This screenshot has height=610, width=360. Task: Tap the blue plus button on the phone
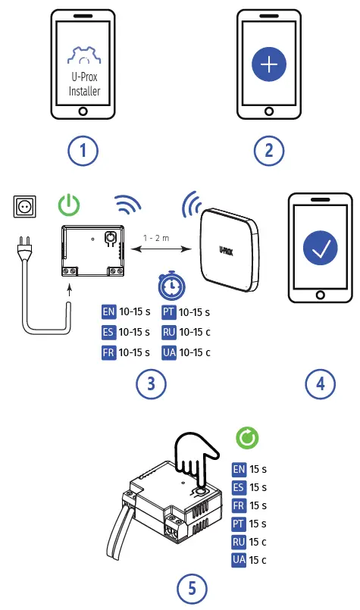269,65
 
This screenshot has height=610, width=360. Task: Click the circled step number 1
83,150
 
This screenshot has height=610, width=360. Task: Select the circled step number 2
269,150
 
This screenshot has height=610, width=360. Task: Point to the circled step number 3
152,384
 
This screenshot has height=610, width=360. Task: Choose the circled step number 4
321,384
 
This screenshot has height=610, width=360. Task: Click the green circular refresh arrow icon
247,437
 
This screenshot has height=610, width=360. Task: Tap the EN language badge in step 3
108,311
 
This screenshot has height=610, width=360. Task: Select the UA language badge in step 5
239,560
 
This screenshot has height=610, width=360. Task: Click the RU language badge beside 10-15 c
169,332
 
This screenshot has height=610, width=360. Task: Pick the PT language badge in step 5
239,524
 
